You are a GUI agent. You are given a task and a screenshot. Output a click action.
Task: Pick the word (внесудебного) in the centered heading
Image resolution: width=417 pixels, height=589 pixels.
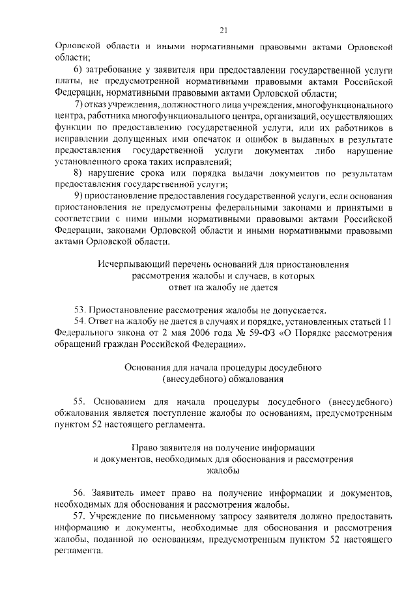tap(188, 379)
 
